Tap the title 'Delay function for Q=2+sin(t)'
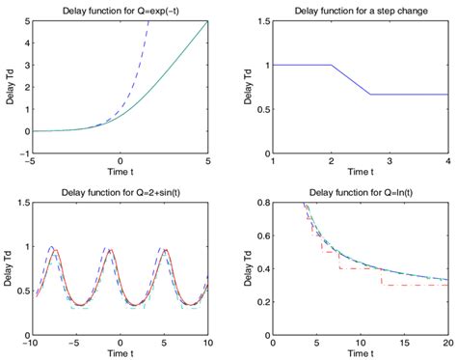(x=121, y=191)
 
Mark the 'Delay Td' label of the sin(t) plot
(x=9, y=266)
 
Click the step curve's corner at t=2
(x=331, y=66)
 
